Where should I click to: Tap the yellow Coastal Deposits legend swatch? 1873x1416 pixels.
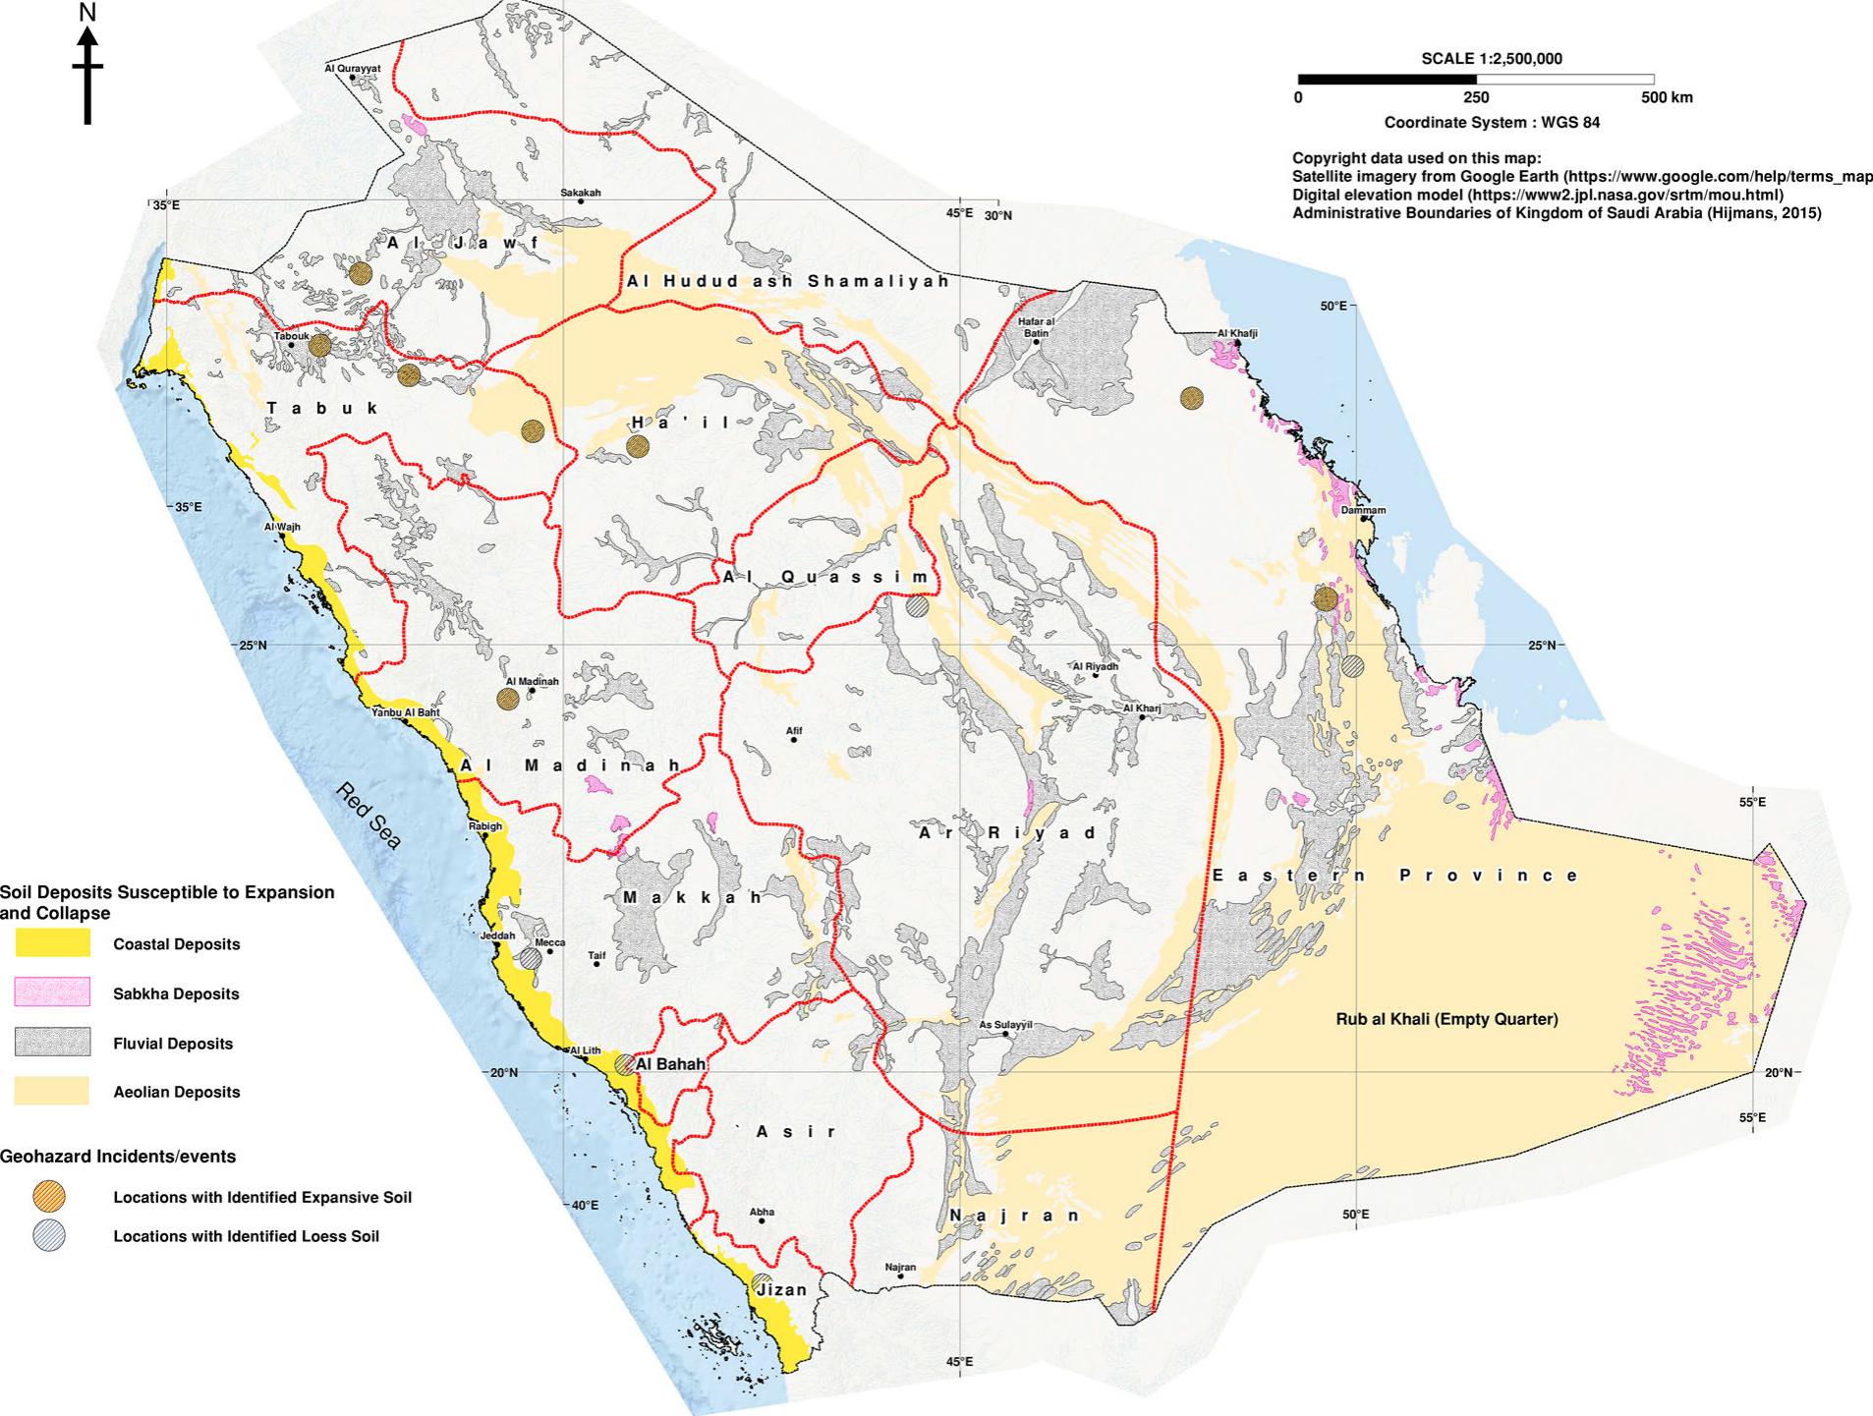point(52,944)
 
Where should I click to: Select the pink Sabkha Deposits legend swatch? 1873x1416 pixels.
point(52,992)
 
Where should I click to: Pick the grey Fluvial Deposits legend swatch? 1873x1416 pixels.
point(52,1043)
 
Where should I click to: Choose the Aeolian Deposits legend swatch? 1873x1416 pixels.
point(52,1091)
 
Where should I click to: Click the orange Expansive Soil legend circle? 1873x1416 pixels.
point(49,1197)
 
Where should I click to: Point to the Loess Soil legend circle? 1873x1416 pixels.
point(49,1235)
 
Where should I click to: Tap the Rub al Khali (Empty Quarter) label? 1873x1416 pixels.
point(1447,1019)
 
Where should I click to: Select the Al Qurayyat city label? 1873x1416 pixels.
point(352,69)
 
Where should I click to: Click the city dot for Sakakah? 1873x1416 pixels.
point(581,201)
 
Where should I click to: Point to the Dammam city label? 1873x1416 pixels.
point(1363,510)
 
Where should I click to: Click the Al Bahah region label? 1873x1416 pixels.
point(671,1064)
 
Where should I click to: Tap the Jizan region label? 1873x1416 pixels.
point(783,1290)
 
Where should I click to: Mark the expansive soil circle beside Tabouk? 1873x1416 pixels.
point(319,345)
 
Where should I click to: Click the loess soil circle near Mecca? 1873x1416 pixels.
point(531,957)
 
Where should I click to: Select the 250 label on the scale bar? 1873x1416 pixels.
point(1476,97)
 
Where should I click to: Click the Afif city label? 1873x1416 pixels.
point(794,730)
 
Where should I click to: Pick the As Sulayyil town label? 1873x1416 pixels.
point(1006,1025)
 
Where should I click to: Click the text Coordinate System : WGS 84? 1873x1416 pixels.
point(1492,123)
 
